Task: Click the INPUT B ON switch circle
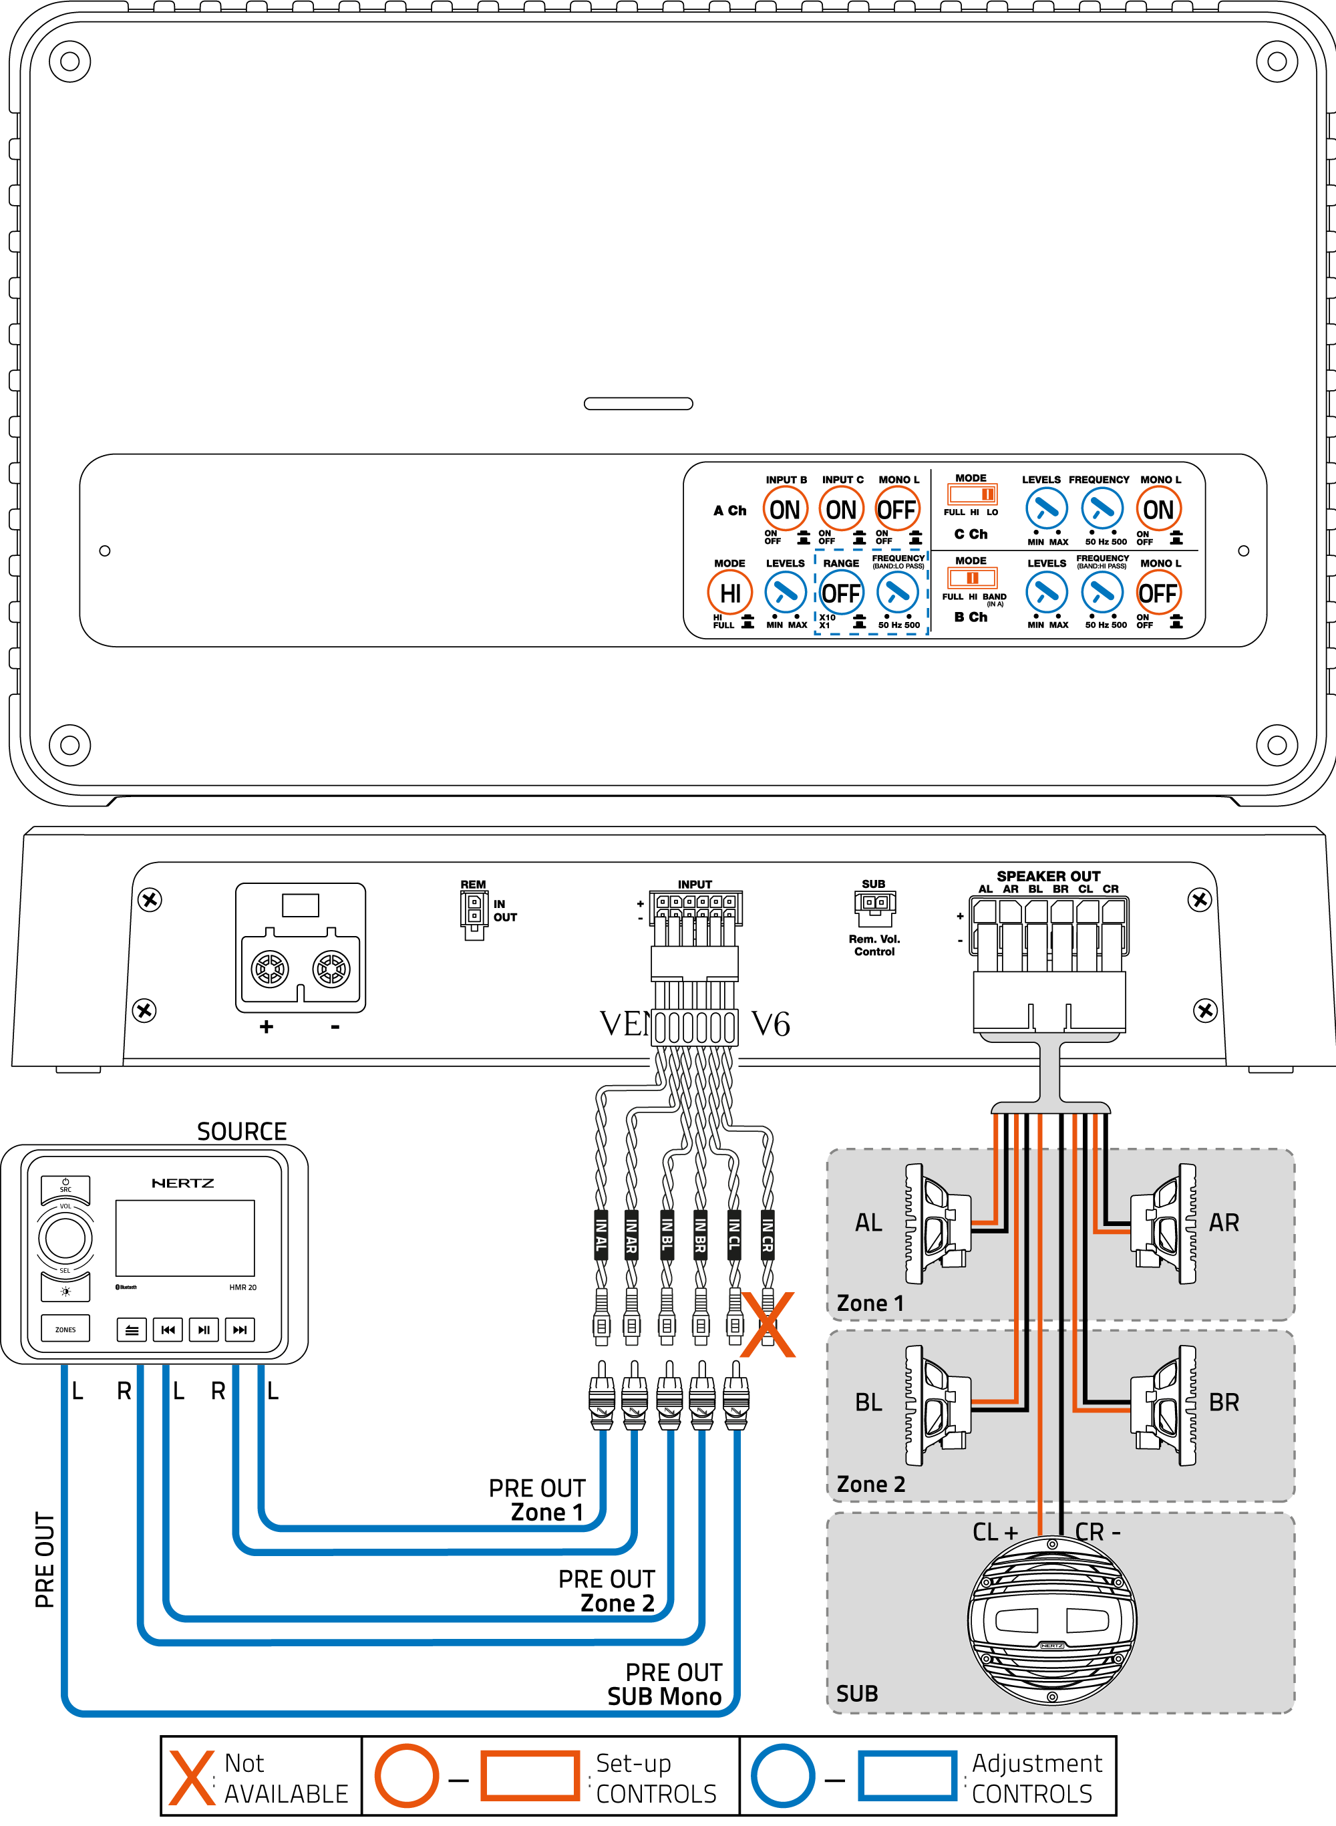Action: click(784, 510)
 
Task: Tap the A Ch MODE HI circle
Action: click(729, 593)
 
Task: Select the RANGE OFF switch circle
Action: click(841, 593)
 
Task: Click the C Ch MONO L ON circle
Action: click(1158, 510)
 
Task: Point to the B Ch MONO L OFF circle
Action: click(1158, 593)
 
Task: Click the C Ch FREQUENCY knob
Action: click(1102, 510)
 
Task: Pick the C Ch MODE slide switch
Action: click(972, 493)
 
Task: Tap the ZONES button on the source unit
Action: click(65, 1330)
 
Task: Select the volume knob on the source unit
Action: click(65, 1237)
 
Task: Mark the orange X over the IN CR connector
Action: click(768, 1325)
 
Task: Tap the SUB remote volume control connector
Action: click(874, 907)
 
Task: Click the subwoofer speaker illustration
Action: click(1051, 1621)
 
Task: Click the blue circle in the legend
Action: click(782, 1776)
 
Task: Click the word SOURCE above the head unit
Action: click(242, 1131)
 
